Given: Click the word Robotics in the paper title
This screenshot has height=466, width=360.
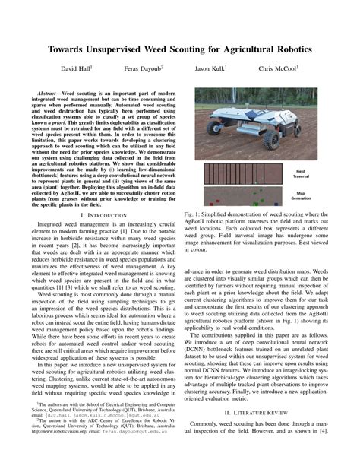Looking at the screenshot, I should [x=288, y=49].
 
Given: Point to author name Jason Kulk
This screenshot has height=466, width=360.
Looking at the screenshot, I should [x=211, y=68].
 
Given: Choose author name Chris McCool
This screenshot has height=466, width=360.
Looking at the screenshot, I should [x=277, y=68].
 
